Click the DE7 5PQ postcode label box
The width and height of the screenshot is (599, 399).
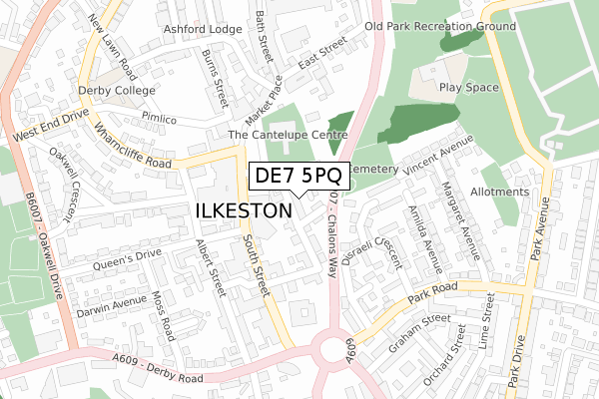tap(299, 176)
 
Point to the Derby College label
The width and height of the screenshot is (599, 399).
tap(119, 90)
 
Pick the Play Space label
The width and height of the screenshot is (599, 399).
tap(467, 88)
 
